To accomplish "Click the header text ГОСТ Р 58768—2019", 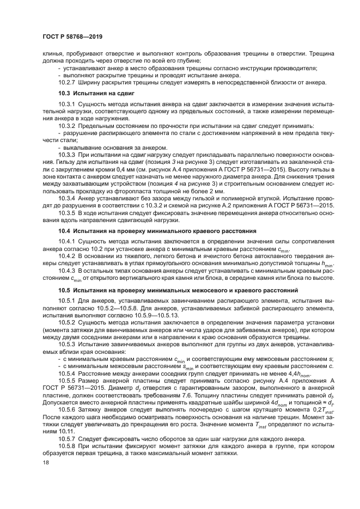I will point(70,36).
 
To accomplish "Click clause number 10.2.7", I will point(67,82).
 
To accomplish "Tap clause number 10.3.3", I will point(67,154).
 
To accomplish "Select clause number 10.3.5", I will point(67,214).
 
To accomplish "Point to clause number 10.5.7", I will point(67,437).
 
